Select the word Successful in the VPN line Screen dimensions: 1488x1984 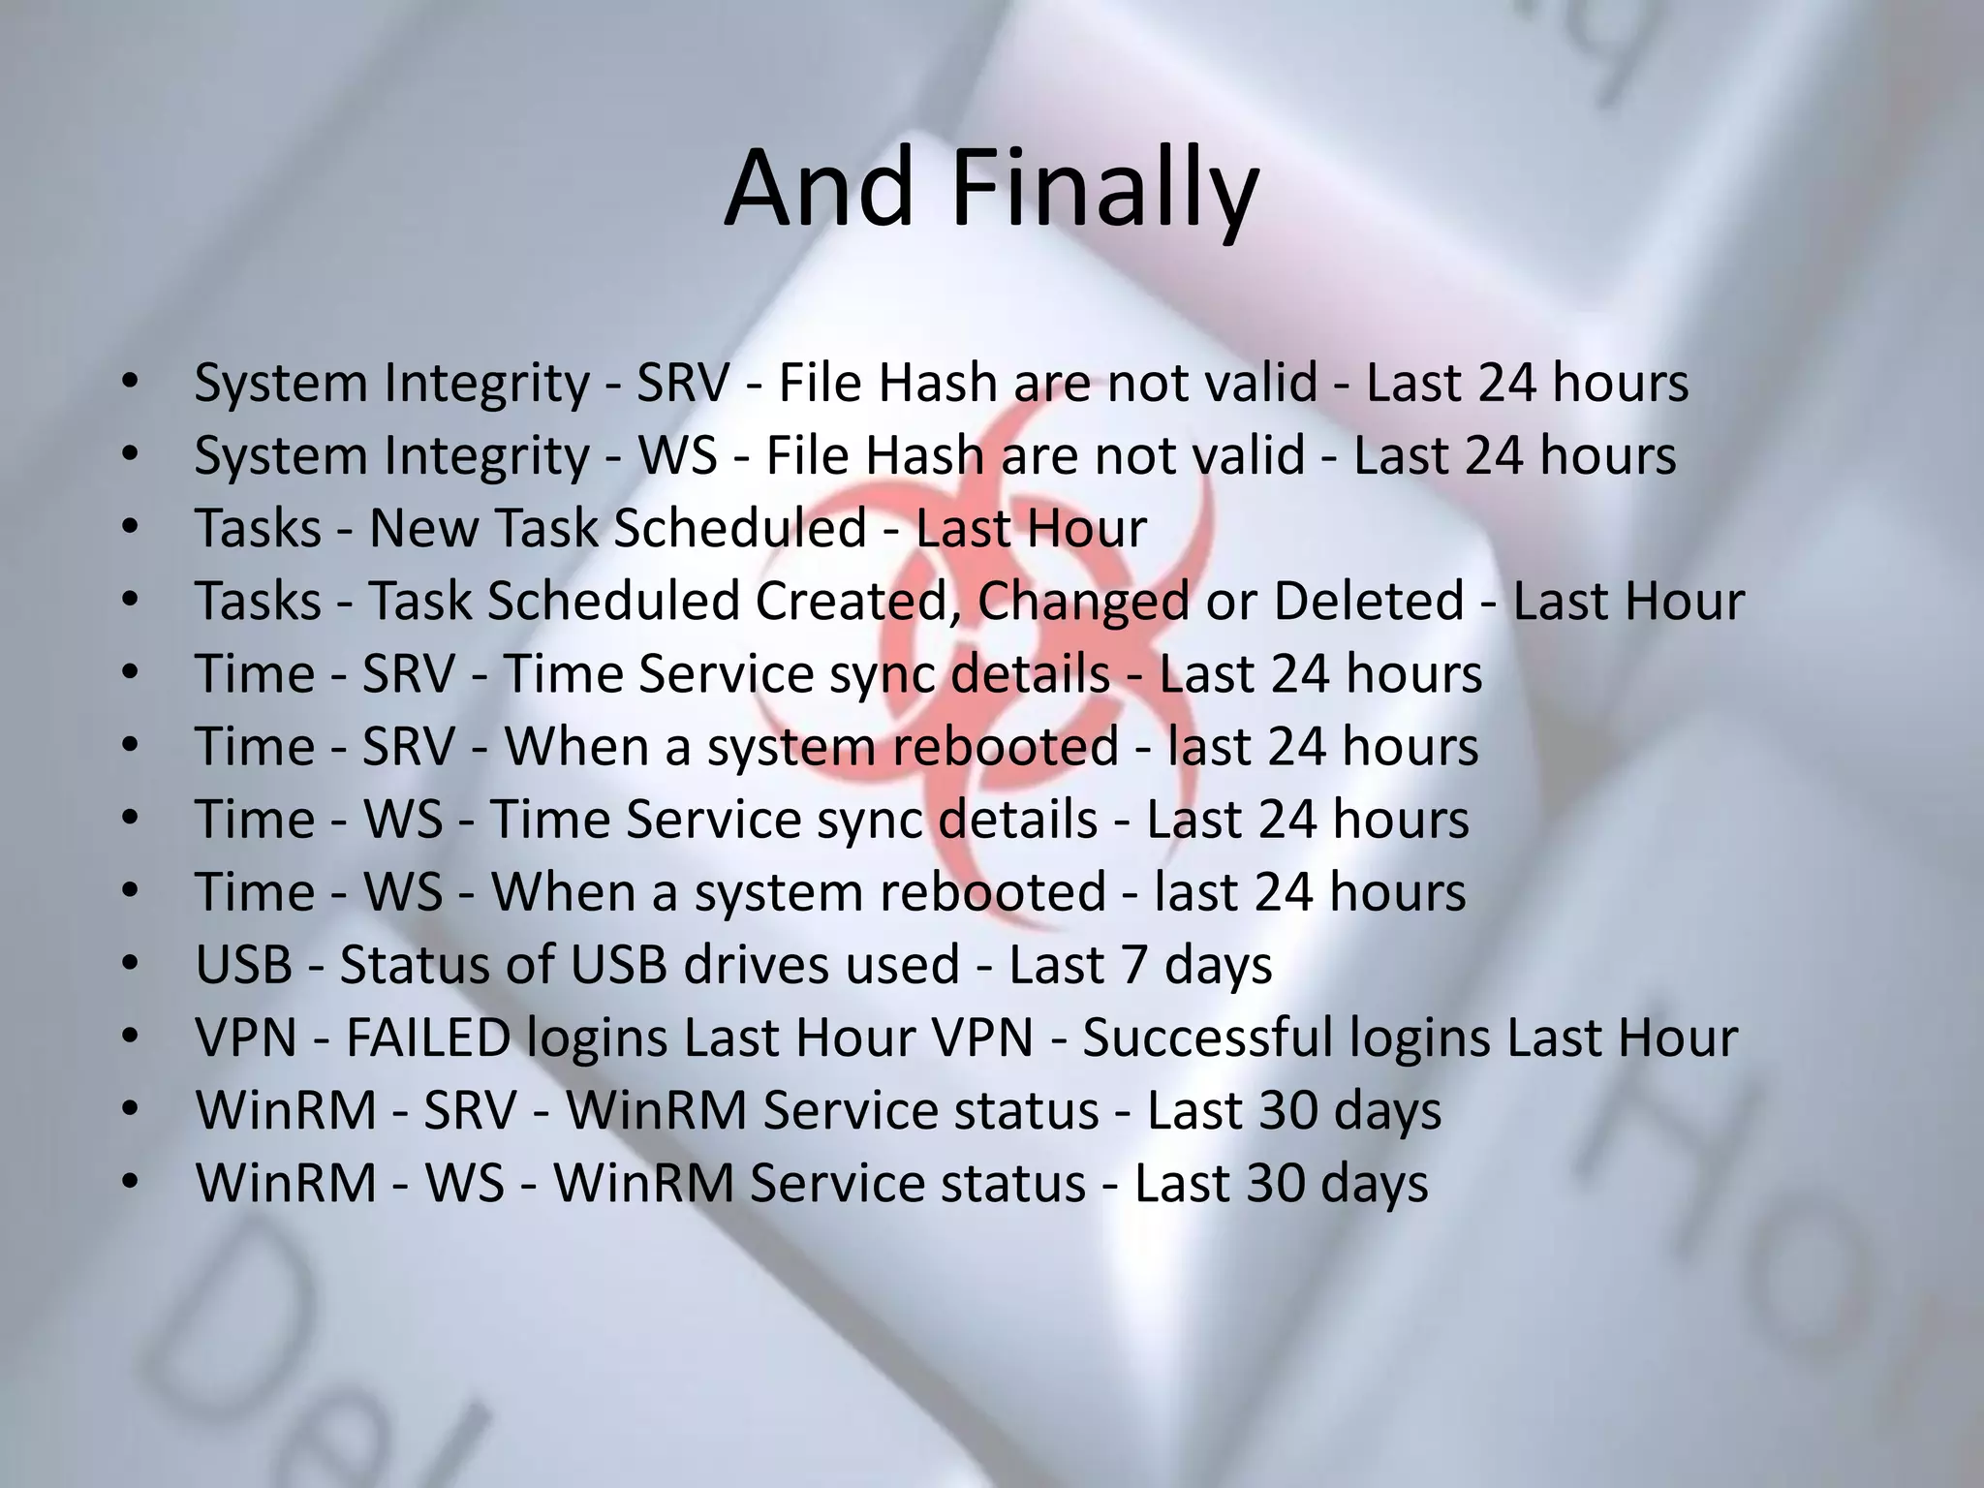tap(1207, 1038)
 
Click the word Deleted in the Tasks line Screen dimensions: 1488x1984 tap(1368, 601)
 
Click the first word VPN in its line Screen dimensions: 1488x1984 tap(246, 1038)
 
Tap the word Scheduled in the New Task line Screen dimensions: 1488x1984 tap(740, 529)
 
